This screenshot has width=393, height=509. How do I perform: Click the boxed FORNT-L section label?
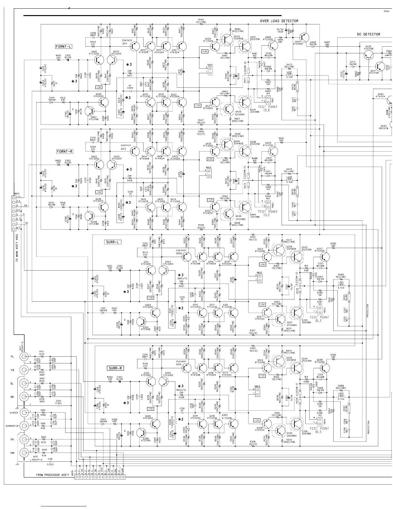coord(64,47)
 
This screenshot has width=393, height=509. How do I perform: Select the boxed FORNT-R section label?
coord(65,151)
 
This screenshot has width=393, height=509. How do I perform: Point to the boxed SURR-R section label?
coord(115,368)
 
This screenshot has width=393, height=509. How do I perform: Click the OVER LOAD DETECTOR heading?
coord(279,21)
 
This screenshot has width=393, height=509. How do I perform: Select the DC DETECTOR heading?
coord(368,34)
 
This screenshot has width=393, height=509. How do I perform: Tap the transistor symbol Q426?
coord(368,55)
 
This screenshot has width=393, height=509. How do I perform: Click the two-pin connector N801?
coord(210,70)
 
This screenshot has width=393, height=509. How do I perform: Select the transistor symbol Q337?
coord(325,256)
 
